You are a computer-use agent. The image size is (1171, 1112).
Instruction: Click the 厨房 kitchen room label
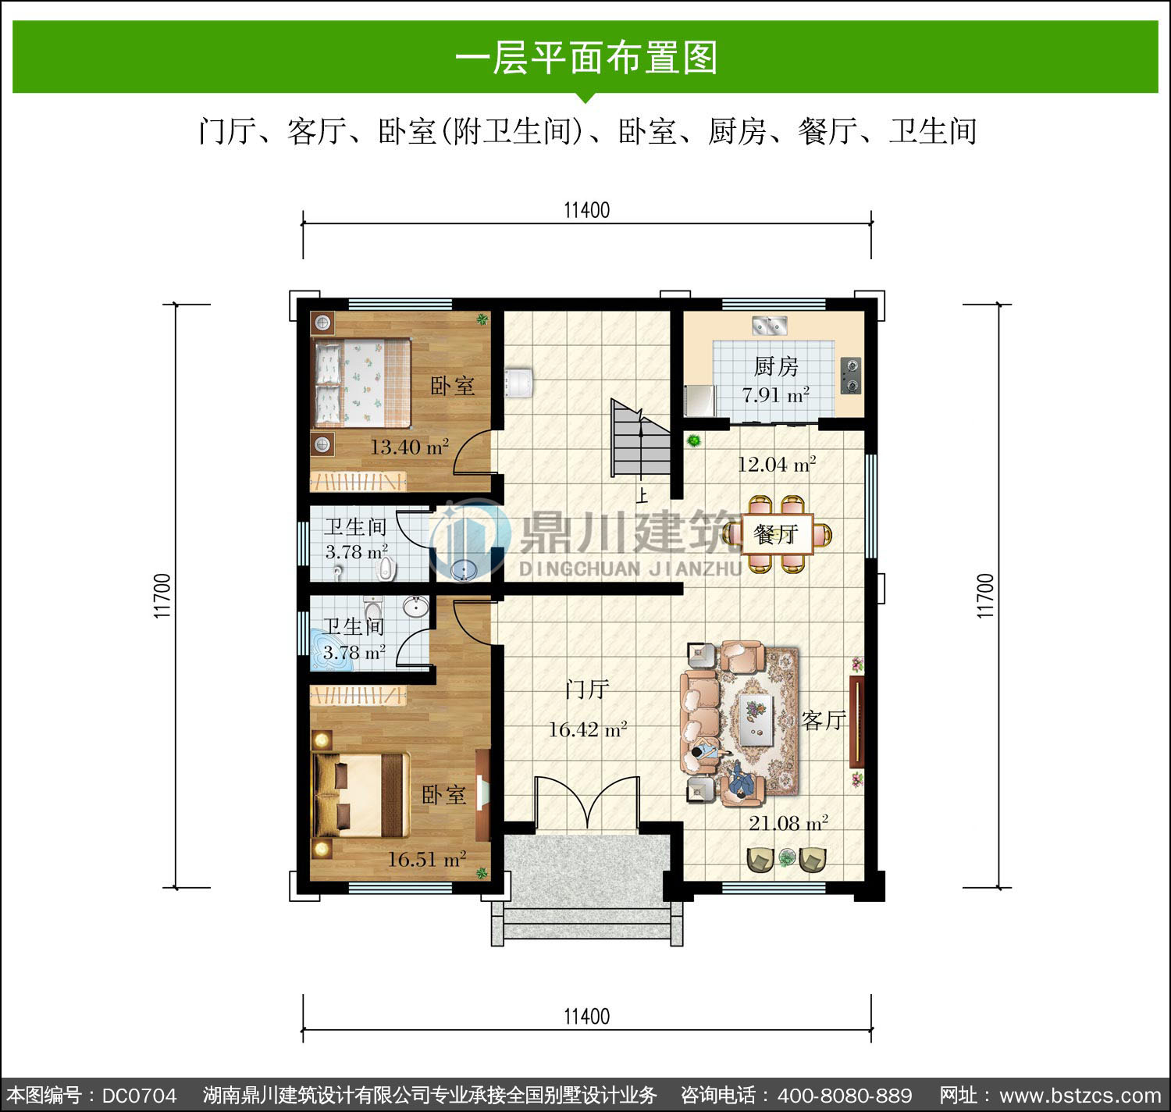[x=775, y=366]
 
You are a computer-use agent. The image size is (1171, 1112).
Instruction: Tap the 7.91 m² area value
[x=775, y=394]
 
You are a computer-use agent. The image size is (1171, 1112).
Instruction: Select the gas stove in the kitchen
[x=851, y=376]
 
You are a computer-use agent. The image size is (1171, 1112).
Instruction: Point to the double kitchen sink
[x=770, y=326]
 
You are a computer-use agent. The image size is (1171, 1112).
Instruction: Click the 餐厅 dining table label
[x=775, y=534]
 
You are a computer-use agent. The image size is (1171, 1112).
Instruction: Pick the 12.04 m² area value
[x=777, y=464]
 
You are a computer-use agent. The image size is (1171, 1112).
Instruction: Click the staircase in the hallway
[x=640, y=438]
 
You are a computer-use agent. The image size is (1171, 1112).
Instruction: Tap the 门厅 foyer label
[x=587, y=689]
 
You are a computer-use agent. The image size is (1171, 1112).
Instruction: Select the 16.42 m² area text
[x=587, y=729]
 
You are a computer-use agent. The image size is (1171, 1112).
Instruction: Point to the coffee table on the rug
[x=756, y=719]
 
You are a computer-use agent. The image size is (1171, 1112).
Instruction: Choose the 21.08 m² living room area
[x=788, y=823]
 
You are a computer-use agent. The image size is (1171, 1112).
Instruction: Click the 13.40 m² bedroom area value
[x=410, y=447]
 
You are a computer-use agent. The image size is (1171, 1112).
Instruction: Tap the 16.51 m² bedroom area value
[x=427, y=859]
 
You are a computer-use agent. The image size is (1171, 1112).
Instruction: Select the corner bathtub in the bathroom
[x=333, y=650]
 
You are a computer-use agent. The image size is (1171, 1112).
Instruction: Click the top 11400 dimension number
[x=587, y=210]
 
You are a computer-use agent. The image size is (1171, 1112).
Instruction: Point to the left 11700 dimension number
[x=162, y=596]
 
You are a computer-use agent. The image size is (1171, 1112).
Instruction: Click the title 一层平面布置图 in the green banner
[x=586, y=58]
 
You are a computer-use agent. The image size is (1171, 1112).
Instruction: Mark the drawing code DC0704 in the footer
[x=140, y=1096]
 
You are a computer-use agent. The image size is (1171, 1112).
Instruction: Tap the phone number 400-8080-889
[x=845, y=1096]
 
